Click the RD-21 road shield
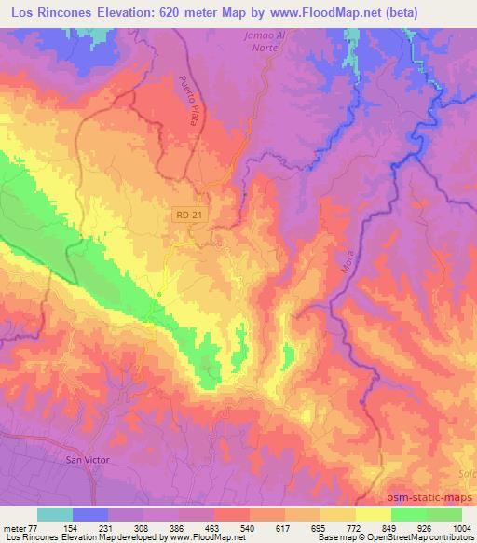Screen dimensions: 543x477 point(187,216)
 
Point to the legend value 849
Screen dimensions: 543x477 point(389,527)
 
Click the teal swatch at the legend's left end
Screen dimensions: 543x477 point(55,514)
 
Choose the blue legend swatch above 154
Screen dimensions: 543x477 point(90,514)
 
